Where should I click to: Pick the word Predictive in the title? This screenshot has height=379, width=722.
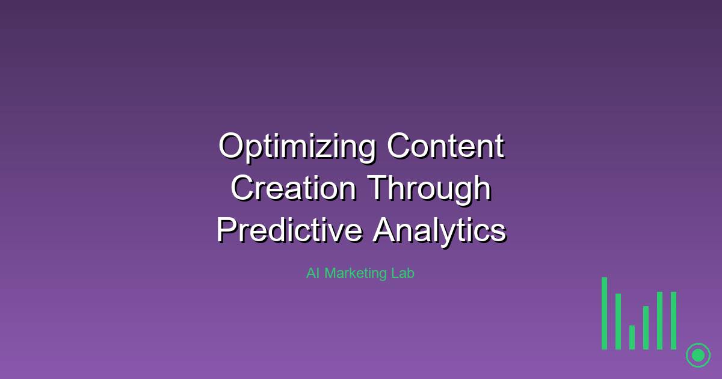(x=289, y=230)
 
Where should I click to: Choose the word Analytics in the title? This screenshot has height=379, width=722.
(x=439, y=230)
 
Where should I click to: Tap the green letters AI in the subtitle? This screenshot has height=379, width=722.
(x=313, y=273)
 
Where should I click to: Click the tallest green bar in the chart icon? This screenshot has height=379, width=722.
(x=604, y=313)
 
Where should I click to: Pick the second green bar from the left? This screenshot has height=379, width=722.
(x=618, y=321)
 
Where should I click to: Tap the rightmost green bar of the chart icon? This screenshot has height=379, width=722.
(x=673, y=320)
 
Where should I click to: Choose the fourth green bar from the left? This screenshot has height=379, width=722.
(x=646, y=328)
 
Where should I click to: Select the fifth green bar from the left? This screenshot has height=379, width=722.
(x=659, y=320)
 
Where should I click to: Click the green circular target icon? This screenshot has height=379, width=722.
(x=698, y=355)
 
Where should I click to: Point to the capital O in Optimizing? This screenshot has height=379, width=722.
(x=231, y=146)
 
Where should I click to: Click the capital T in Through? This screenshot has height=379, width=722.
(x=377, y=188)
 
